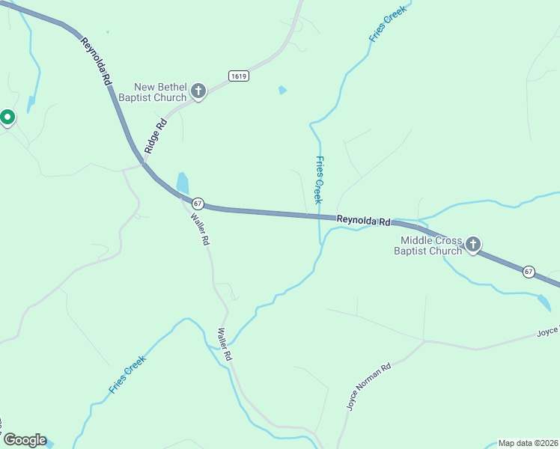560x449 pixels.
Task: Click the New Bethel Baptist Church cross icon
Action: [198, 92]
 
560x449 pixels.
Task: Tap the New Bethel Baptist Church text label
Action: [160, 92]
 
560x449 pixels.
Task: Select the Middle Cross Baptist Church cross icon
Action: [473, 245]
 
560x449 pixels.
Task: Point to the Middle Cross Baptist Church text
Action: [430, 245]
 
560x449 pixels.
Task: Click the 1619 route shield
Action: [239, 76]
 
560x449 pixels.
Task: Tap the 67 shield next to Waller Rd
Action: [198, 203]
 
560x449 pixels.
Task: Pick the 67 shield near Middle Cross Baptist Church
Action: [529, 271]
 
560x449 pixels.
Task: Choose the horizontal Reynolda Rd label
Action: [363, 221]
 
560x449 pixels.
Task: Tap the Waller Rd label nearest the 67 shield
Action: [200, 230]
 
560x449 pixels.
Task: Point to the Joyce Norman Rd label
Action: [369, 387]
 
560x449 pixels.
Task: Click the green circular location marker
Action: [7, 117]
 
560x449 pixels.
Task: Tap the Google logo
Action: [25, 440]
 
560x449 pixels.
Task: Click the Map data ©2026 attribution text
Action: [528, 443]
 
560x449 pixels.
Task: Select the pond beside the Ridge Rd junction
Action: [183, 182]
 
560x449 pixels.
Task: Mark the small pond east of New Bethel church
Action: [282, 90]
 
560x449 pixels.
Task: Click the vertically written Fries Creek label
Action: [319, 180]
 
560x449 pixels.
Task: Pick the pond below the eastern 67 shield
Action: [544, 302]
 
